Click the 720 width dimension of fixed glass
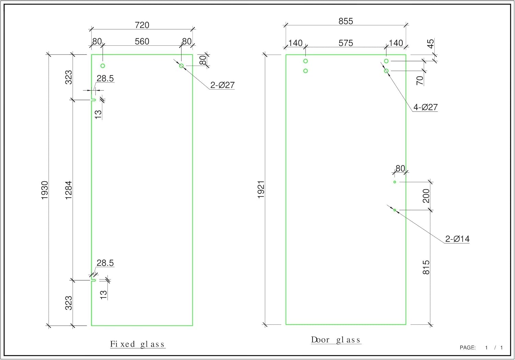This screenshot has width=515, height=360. click(142, 25)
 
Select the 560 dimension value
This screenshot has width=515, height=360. click(142, 42)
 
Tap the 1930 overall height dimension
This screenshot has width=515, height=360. click(45, 190)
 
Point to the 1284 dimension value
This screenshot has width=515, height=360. click(69, 190)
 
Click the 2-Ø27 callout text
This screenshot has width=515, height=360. click(222, 85)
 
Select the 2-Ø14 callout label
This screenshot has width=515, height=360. click(457, 239)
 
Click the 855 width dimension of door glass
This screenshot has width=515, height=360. click(345, 21)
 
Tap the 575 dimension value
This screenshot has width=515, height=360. click(345, 43)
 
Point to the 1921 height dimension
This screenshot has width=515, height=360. click(261, 189)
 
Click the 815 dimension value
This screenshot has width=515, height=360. click(426, 267)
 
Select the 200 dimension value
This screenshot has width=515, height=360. click(426, 196)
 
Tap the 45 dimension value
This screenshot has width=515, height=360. click(431, 44)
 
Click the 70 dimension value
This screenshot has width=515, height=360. click(420, 80)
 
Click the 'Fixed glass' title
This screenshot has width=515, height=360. click(137, 344)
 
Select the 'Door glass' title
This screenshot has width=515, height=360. click(336, 340)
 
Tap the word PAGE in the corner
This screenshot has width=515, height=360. click(467, 348)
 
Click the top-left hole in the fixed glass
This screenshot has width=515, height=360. click(103, 66)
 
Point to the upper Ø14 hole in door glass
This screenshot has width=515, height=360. click(395, 182)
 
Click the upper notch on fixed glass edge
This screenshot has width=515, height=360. click(93, 100)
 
